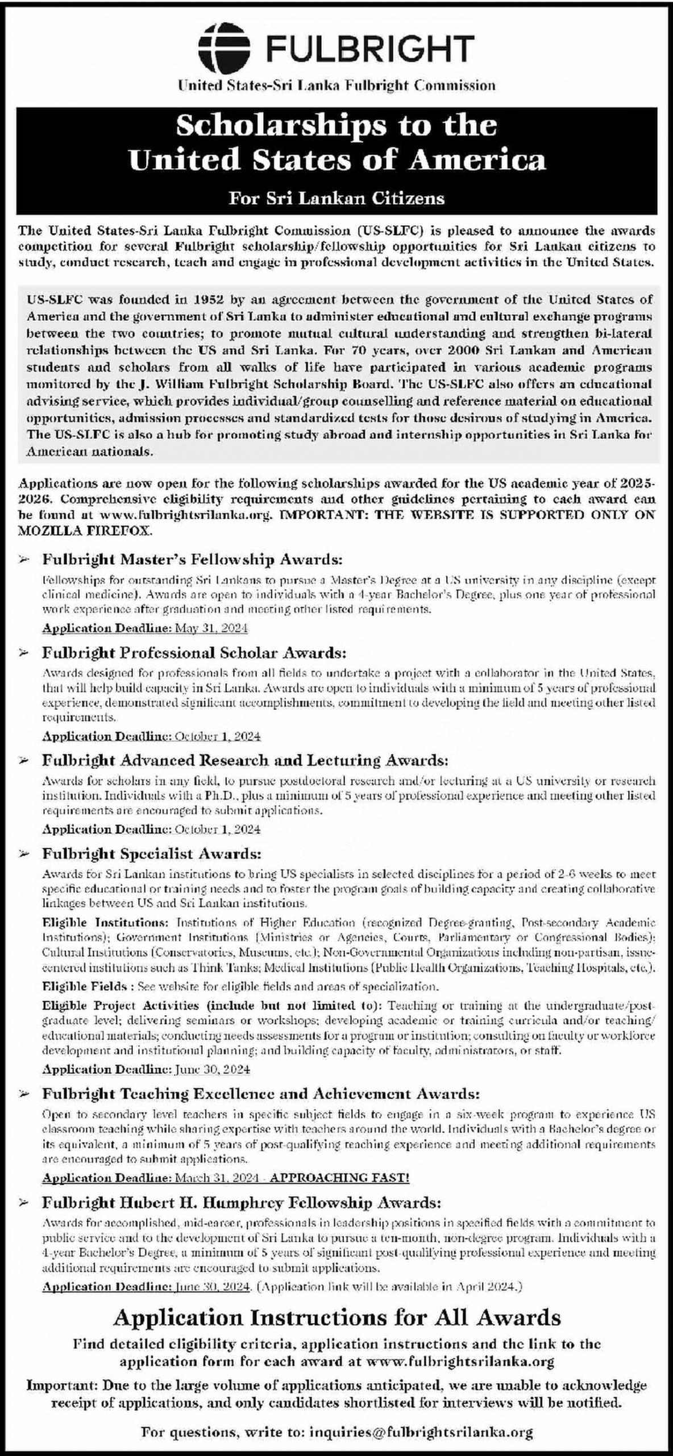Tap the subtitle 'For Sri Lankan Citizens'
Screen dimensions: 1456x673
click(x=336, y=198)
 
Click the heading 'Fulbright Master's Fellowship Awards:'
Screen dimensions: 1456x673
click(x=192, y=560)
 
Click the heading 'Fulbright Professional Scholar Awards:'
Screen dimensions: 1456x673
click(x=194, y=652)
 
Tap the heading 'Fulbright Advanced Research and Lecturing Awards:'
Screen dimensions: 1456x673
click(x=245, y=760)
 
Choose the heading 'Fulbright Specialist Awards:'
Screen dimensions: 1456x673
click(x=152, y=854)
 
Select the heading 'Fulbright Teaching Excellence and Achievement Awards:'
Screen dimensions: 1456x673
click(x=261, y=1094)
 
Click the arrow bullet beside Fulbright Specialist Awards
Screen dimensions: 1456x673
click(x=24, y=854)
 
